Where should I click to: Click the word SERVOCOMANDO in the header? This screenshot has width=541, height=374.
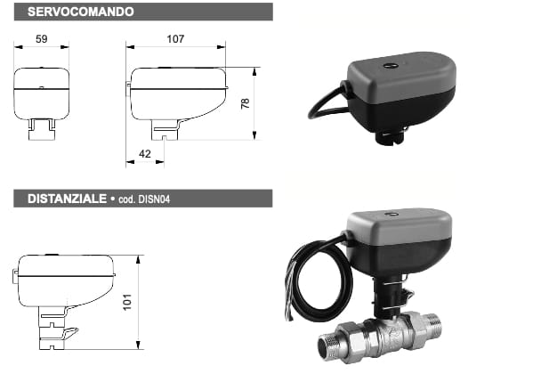click(x=81, y=12)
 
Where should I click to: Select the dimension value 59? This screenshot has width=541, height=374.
click(x=42, y=38)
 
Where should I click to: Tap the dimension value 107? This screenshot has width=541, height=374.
click(x=175, y=38)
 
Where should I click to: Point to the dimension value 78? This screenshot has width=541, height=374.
click(x=245, y=103)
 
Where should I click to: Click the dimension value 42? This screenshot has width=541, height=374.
click(x=145, y=154)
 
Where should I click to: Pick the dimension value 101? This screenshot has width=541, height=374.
click(x=127, y=302)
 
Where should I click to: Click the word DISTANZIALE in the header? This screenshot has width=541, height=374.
click(x=67, y=199)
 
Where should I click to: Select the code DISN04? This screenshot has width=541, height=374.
click(x=154, y=199)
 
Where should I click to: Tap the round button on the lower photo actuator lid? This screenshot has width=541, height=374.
click(x=392, y=215)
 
